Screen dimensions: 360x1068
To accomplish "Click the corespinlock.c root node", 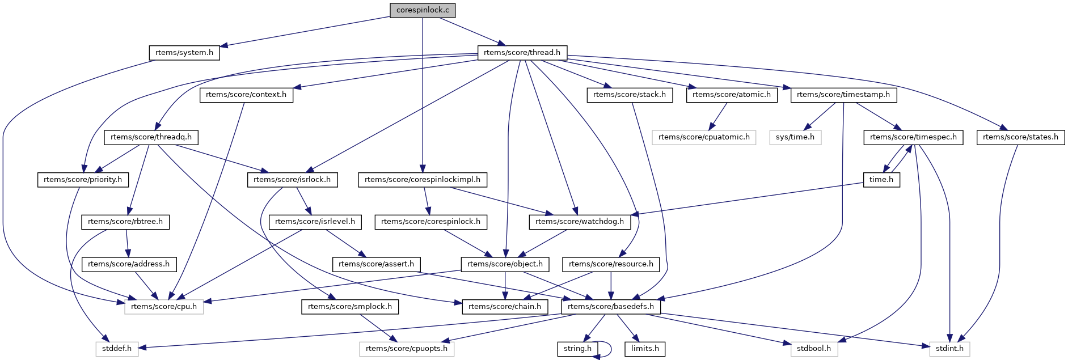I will click(423, 10).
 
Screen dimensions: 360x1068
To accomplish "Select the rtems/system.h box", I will click(184, 53).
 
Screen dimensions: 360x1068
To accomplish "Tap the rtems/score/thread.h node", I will click(522, 53).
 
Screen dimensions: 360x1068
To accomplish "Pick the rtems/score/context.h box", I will click(246, 95).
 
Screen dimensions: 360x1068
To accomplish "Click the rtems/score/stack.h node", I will click(630, 95).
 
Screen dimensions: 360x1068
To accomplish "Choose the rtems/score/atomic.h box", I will click(732, 95).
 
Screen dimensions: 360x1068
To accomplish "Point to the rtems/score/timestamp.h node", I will click(843, 95).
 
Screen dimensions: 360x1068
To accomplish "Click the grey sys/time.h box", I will click(795, 137).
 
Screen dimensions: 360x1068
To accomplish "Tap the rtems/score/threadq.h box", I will click(151, 137).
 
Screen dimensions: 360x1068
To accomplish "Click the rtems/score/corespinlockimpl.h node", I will click(423, 180).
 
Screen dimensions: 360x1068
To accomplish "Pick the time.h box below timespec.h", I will click(881, 180).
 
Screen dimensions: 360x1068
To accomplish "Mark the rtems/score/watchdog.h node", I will click(580, 222).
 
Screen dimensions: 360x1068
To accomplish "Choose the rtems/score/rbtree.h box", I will click(125, 222).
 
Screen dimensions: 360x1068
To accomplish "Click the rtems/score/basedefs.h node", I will click(611, 307).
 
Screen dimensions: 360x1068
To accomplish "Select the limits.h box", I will click(645, 349).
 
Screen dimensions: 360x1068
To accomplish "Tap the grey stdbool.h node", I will click(814, 349).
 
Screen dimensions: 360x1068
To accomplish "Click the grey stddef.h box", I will click(117, 349).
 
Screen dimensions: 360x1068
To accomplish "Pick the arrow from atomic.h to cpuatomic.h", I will click(717, 117).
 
